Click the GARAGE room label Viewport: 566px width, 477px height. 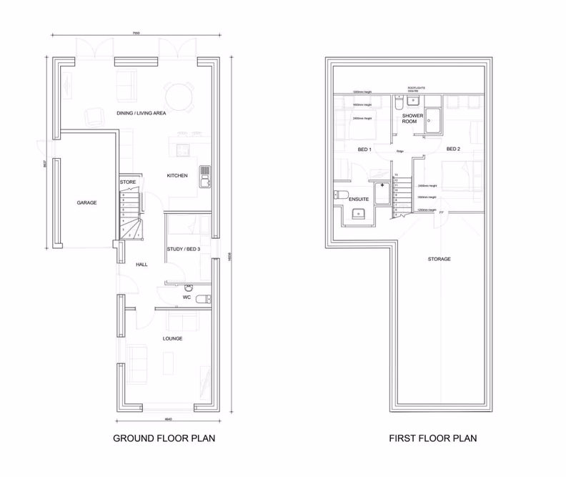[86, 202]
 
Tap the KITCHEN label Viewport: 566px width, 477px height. [177, 175]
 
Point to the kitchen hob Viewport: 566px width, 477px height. [204, 170]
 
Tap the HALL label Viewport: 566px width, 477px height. [141, 265]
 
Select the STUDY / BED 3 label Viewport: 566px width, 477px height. [183, 250]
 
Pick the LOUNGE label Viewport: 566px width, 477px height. [172, 338]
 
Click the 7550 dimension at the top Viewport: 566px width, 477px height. [135, 33]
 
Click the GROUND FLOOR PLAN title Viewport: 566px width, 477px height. [164, 438]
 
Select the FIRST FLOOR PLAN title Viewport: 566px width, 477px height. [433, 438]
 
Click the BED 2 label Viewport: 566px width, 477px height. [453, 149]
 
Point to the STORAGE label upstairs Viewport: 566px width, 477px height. [440, 259]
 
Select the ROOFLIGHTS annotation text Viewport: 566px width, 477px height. [416, 87]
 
